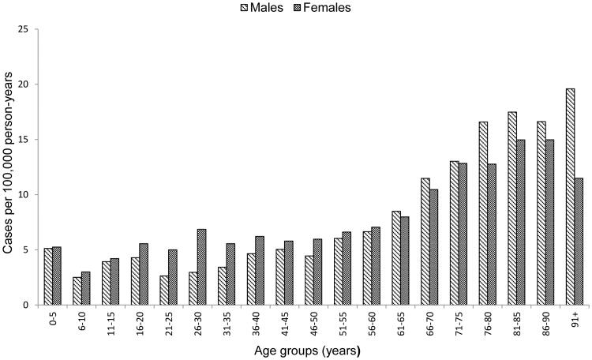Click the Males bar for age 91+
tap(570, 197)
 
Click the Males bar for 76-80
tap(482, 213)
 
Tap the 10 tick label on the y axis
tap(27, 195)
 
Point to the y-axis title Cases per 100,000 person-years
tap(9, 167)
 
